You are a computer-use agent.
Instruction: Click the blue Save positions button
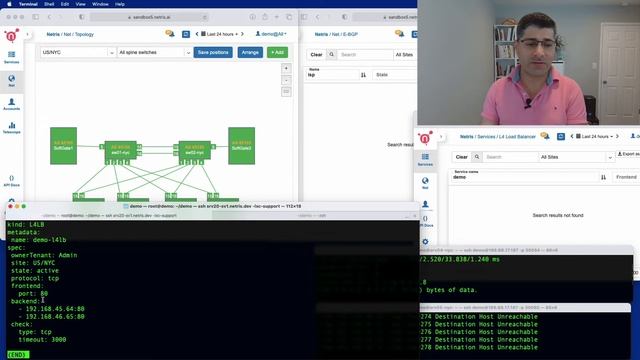(x=213, y=52)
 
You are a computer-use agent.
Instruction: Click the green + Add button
(x=277, y=52)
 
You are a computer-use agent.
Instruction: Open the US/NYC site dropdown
(x=75, y=52)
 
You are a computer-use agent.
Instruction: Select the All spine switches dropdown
(x=152, y=52)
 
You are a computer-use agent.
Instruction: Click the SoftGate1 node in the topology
(x=64, y=146)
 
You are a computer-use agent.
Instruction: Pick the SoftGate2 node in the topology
(x=242, y=146)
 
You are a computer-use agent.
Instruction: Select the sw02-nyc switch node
(x=193, y=151)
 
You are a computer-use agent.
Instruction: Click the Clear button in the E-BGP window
(x=317, y=55)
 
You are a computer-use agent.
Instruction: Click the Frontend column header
(x=625, y=177)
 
